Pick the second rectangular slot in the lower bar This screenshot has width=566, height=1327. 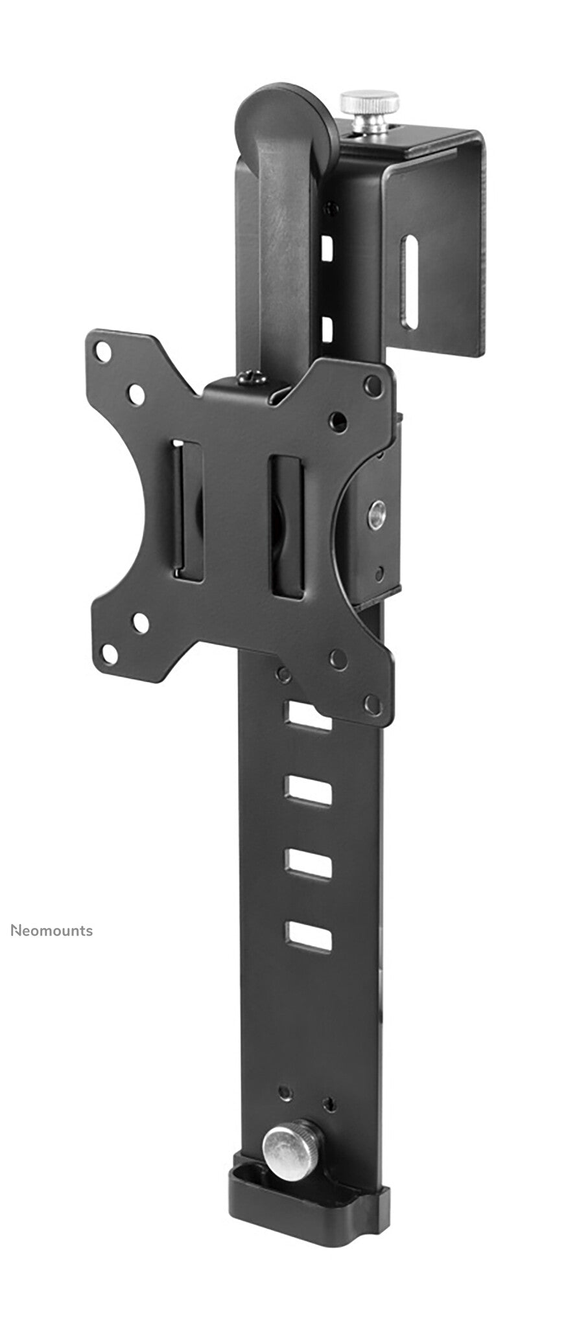[x=308, y=789]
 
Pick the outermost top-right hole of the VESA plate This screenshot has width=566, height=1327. [x=371, y=383]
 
